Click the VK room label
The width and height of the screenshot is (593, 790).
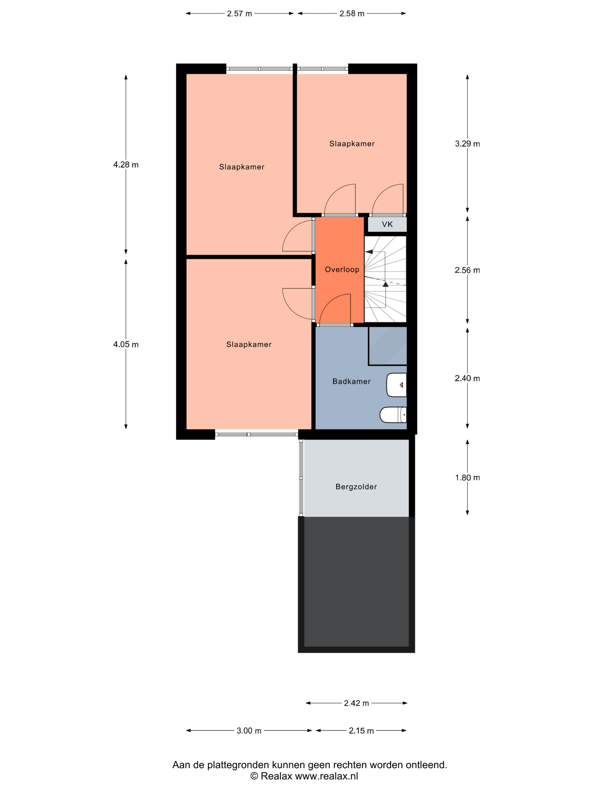click(x=387, y=224)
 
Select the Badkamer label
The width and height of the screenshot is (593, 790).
click(x=351, y=381)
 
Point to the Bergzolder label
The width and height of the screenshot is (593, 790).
click(x=356, y=487)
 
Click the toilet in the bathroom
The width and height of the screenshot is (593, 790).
click(x=393, y=415)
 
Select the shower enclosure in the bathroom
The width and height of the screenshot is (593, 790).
click(x=387, y=346)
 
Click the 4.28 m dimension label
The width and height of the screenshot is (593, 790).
click(x=126, y=165)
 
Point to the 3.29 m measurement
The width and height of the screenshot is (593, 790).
click(x=467, y=144)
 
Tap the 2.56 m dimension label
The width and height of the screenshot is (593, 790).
click(x=467, y=270)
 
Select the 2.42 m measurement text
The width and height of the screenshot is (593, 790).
click(x=356, y=703)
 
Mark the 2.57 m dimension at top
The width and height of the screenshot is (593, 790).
click(x=239, y=14)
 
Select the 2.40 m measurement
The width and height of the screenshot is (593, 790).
click(x=467, y=379)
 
